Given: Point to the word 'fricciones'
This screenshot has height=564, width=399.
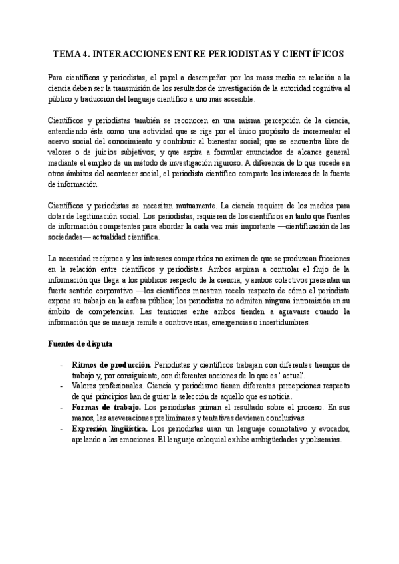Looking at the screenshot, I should click(323, 257).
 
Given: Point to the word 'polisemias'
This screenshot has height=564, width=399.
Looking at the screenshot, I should click(321, 440).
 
